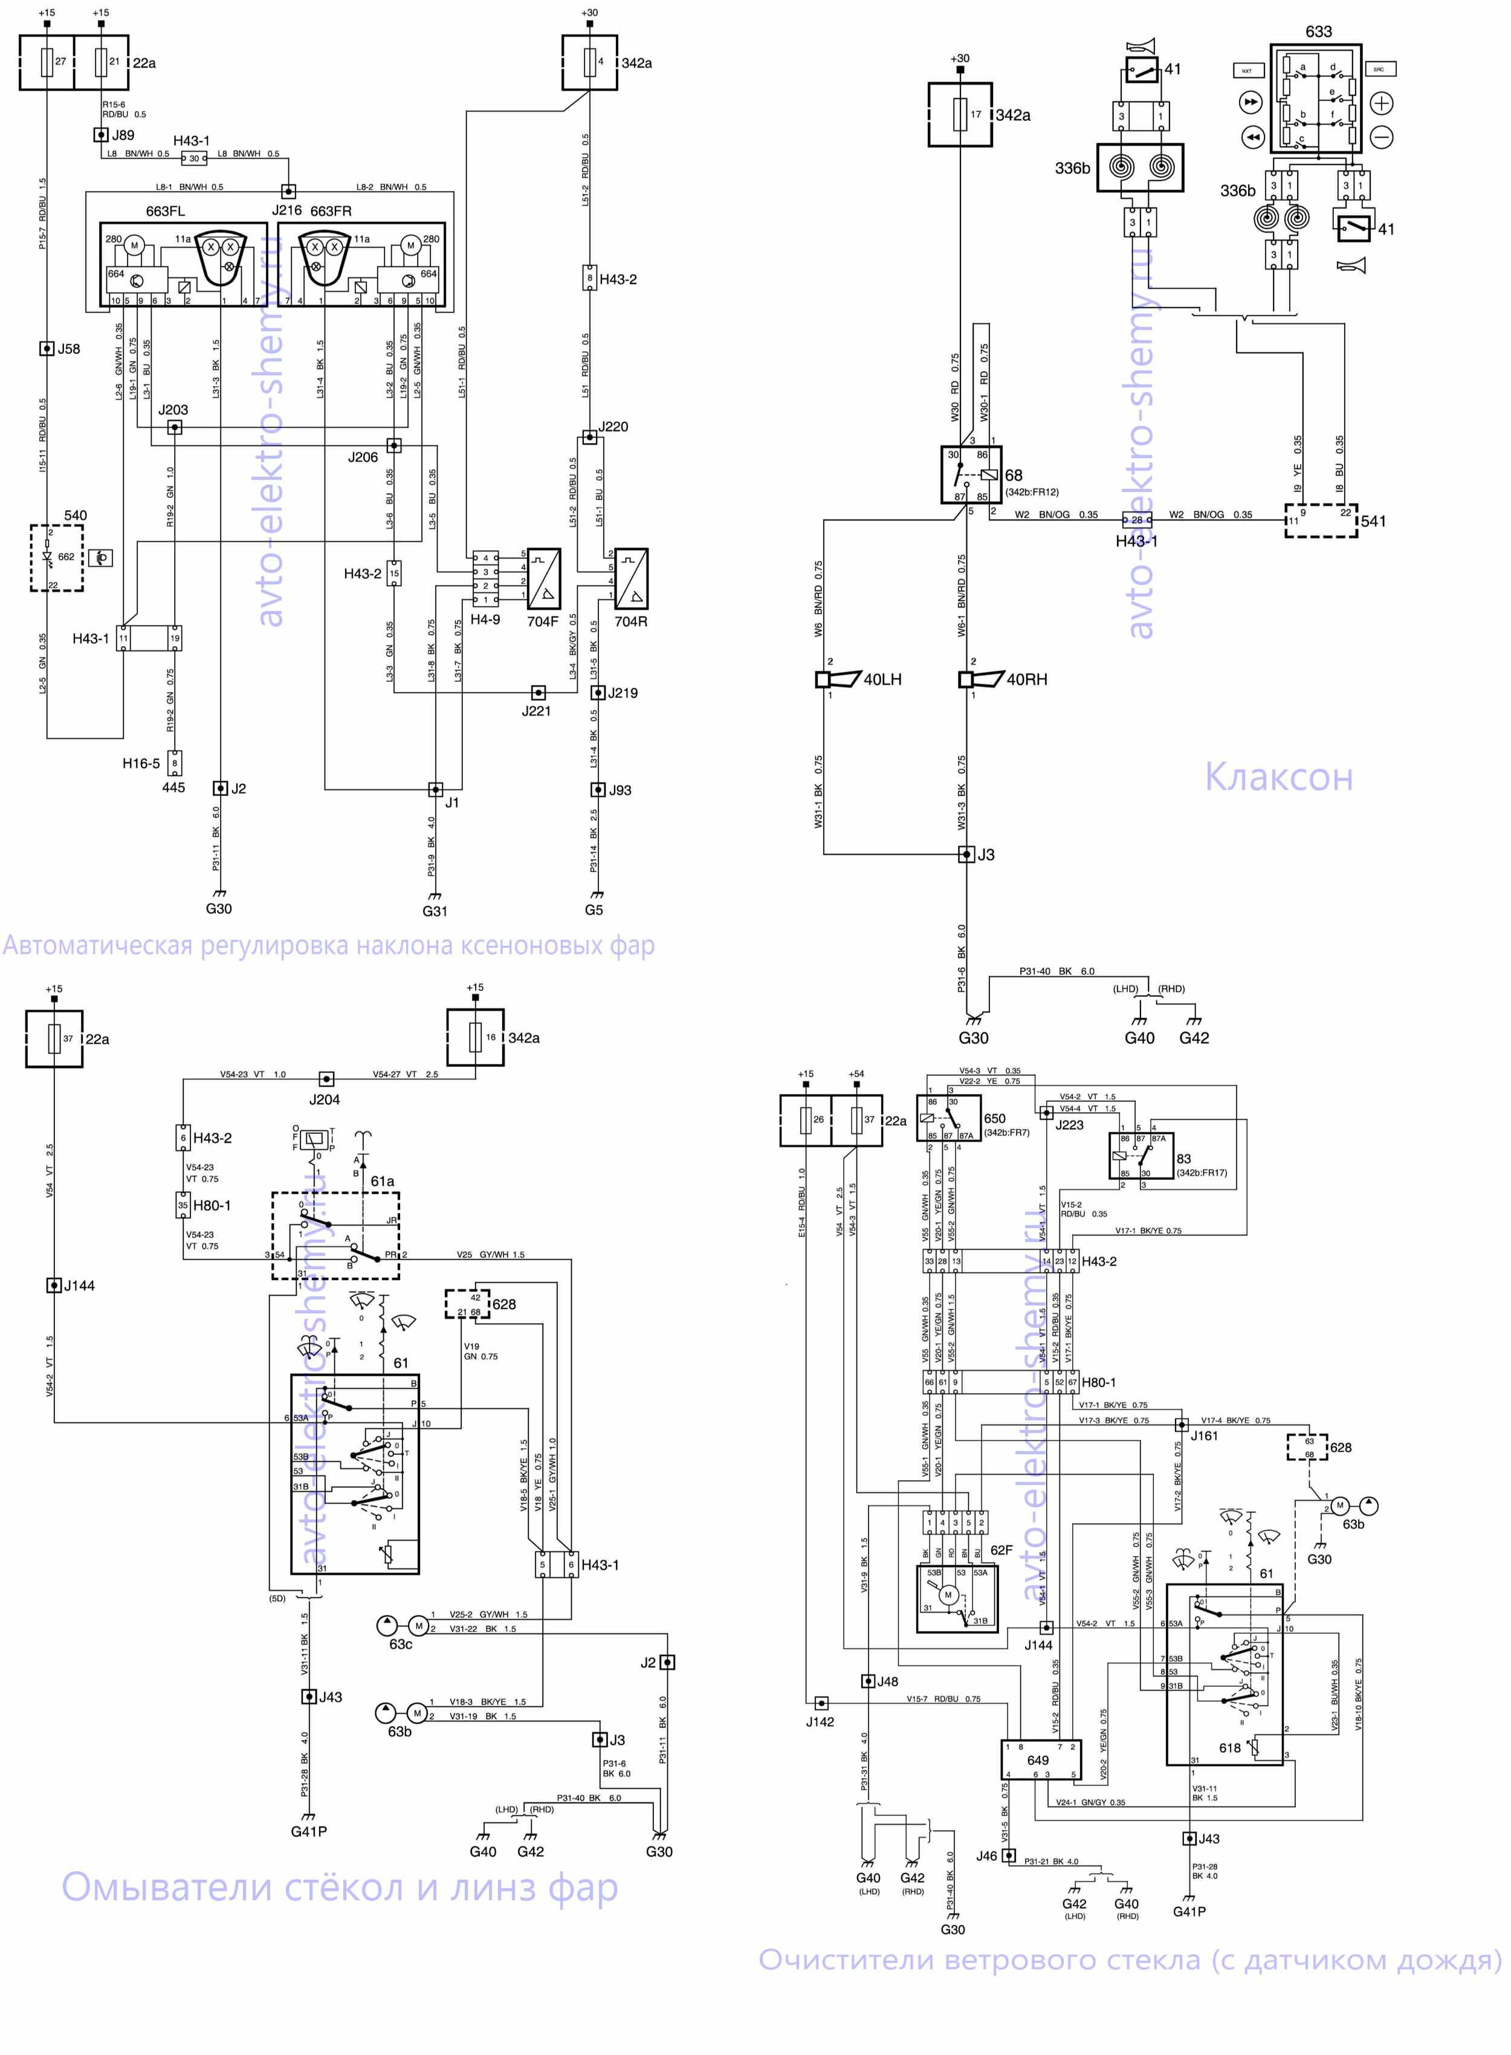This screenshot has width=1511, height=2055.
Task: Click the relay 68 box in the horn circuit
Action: coord(971,474)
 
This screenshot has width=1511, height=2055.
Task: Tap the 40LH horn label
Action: coord(882,679)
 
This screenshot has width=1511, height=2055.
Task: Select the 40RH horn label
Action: coord(1026,679)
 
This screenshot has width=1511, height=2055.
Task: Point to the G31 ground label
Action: coord(435,911)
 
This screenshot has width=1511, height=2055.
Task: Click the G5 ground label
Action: coord(594,910)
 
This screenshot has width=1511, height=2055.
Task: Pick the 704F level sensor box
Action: coord(544,579)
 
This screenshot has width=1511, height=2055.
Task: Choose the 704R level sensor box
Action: coord(631,579)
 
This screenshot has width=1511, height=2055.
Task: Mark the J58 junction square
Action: coord(47,349)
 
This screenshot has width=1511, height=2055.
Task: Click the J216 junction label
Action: coord(286,210)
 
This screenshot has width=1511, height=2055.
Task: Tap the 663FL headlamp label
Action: coord(166,212)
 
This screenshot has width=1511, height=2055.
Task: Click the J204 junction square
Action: coord(326,1079)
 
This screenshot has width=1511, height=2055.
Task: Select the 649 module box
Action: coord(1041,1759)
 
